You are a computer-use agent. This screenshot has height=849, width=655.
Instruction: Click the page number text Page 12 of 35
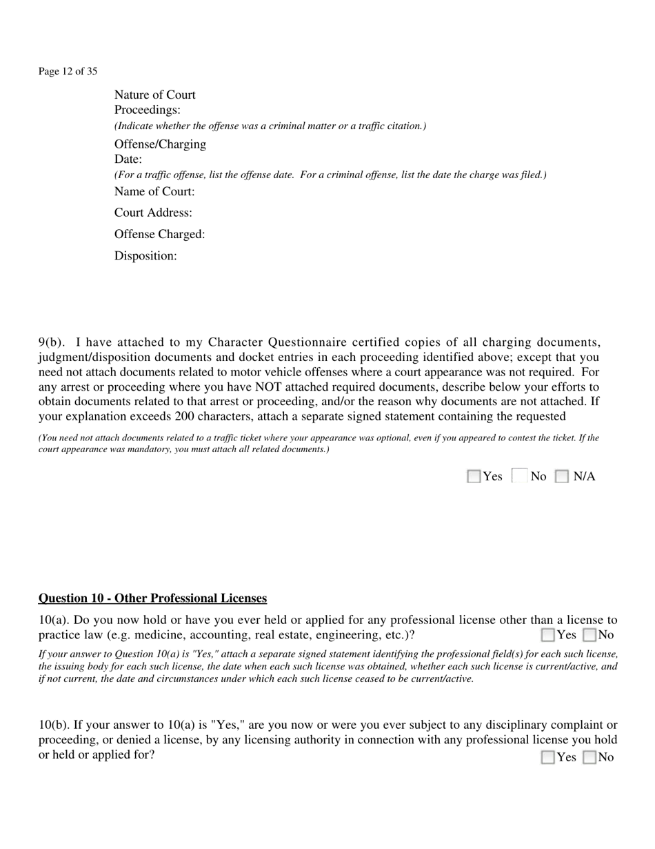pos(68,71)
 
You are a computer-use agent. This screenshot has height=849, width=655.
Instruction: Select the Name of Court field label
pos(154,191)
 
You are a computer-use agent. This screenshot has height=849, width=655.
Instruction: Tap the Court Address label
pos(153,213)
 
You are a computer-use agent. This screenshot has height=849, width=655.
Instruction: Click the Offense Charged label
pos(159,235)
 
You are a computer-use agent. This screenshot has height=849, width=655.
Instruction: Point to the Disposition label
pos(145,256)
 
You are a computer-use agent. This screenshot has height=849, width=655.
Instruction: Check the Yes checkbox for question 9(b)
pos(474,476)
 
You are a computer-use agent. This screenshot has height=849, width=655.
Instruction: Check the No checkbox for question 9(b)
pos(521,476)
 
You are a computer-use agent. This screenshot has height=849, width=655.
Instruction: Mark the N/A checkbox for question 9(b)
pos(562,476)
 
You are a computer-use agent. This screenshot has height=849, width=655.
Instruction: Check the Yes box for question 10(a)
pos(548,635)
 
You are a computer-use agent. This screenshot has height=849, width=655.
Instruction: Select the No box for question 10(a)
pos(589,635)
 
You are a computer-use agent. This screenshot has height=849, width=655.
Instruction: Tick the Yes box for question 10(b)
pos(548,757)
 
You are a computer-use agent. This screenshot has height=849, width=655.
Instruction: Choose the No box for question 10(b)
pos(589,757)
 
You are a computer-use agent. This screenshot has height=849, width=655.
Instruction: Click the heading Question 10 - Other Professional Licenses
pos(152,598)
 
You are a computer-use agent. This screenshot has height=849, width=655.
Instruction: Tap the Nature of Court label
pos(154,95)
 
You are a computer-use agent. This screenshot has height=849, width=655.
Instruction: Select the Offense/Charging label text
pos(160,144)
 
